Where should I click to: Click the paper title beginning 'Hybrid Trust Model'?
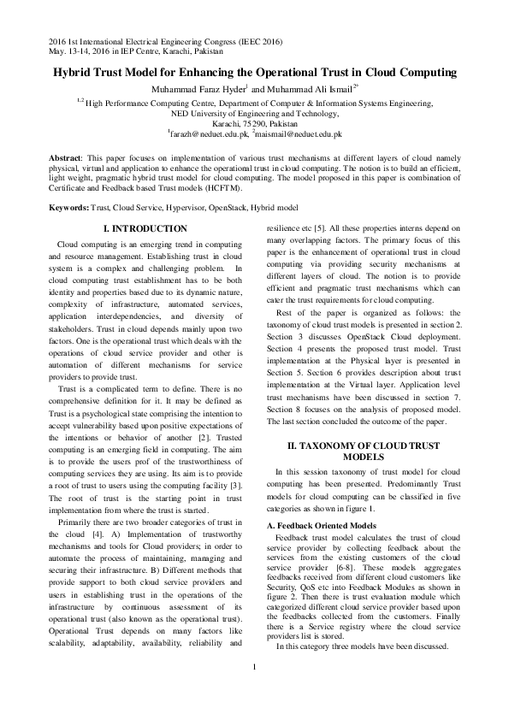254,74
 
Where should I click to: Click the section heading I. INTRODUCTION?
145,229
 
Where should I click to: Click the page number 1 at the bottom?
254,691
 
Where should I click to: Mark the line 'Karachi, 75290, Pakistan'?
254,123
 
